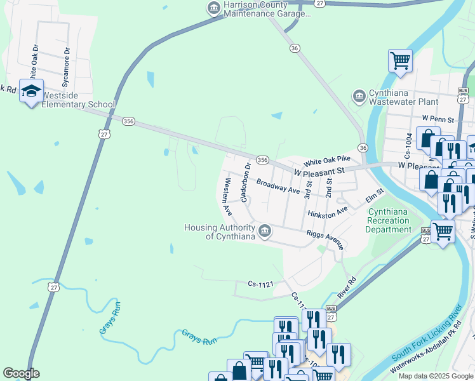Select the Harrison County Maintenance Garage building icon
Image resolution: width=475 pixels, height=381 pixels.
coord(213,8)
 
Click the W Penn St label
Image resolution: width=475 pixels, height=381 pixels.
coord(438,119)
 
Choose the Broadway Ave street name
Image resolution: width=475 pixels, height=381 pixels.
coord(278,186)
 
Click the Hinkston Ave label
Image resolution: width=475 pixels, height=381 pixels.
coord(328,212)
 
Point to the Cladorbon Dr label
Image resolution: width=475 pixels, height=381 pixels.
coord(245,180)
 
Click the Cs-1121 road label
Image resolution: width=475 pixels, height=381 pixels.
coord(260,284)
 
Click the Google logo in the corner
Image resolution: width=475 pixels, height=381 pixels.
coord(21,373)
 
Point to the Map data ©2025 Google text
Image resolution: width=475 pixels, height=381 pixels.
coord(435,376)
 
